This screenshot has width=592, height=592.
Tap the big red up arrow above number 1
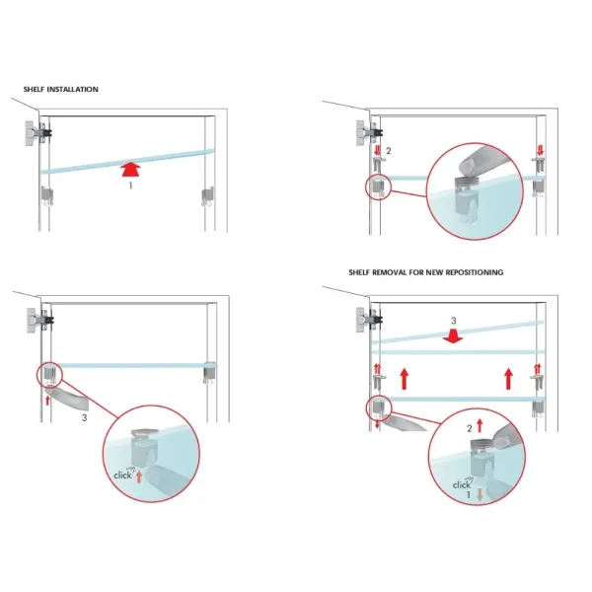pos(131,169)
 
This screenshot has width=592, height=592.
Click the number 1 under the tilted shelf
pos(130,185)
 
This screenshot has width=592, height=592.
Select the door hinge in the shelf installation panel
pos(38,133)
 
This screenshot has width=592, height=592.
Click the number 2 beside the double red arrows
pos(389,151)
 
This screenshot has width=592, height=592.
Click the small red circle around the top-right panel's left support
pos(378,186)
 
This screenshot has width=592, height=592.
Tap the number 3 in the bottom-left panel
pos(84,418)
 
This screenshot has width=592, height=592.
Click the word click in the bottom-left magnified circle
pos(122,475)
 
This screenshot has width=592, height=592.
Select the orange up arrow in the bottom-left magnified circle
pos(139,477)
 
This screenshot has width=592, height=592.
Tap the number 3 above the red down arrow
pos(454,321)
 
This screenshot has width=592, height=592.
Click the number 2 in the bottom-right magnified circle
pos(470,428)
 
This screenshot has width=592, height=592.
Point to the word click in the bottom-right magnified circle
pos(462,484)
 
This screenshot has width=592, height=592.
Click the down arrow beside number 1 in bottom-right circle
pos(480,494)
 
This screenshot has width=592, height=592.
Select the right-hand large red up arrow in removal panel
pos(508,379)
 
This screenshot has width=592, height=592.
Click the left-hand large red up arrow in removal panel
pos(404,379)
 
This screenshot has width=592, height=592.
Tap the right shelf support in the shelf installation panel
pos(208,196)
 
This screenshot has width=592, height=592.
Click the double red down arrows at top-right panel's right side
pos(540,150)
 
